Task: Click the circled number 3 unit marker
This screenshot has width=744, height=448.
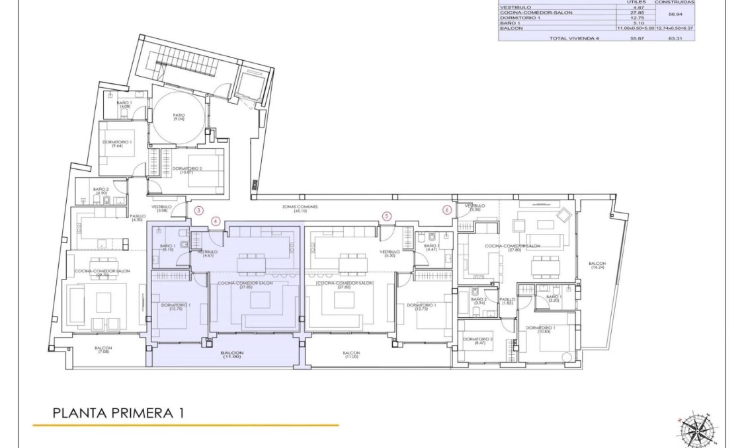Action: pos(199,211)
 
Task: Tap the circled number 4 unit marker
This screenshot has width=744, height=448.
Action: pos(215,221)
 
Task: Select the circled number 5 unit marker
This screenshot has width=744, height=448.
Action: pos(387,215)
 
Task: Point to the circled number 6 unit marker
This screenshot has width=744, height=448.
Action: pos(447,210)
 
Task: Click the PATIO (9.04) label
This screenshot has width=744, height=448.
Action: pos(179,117)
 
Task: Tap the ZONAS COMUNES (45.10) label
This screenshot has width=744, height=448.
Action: pos(300,208)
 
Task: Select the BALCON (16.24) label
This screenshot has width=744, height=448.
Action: pos(597,266)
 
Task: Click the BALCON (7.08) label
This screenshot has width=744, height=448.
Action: pos(103,350)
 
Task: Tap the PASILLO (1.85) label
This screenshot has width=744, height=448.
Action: pos(507,301)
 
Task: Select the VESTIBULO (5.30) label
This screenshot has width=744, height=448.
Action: pos(390,253)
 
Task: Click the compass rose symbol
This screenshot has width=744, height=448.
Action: pos(695,429)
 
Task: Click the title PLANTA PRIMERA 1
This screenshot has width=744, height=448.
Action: pos(118,413)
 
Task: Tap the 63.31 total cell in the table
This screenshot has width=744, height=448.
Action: pos(675,38)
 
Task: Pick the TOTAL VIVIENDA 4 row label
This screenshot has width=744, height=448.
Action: pos(573,38)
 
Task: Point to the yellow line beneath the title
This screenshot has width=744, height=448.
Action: pos(185,426)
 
